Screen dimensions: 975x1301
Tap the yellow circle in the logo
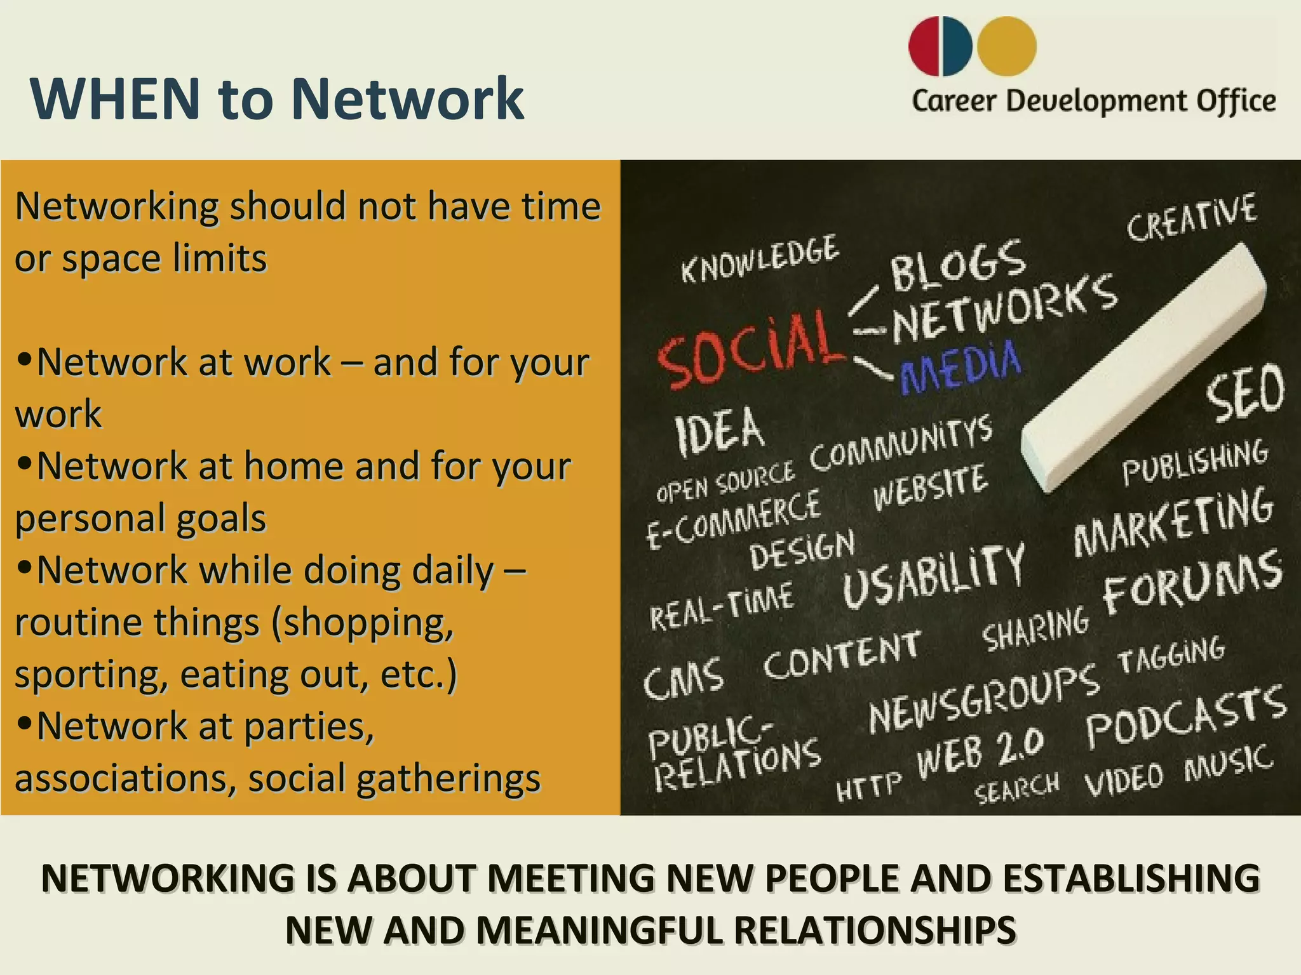(x=1007, y=46)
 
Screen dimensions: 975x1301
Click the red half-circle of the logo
(x=924, y=46)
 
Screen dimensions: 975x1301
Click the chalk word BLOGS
(x=957, y=264)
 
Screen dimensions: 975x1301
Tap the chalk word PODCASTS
(x=1185, y=717)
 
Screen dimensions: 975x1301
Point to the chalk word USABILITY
(x=933, y=574)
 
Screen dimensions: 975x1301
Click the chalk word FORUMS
(x=1192, y=581)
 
